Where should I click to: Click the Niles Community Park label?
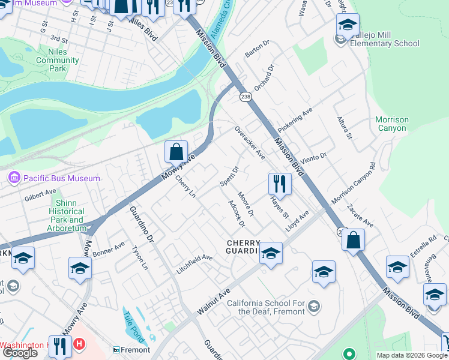click(58, 60)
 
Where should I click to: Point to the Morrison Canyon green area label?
click(391, 124)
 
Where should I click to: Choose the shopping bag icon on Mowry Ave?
click(176, 152)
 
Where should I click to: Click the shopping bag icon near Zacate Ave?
click(353, 239)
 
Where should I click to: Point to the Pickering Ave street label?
click(295, 120)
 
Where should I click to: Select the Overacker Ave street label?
click(250, 143)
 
